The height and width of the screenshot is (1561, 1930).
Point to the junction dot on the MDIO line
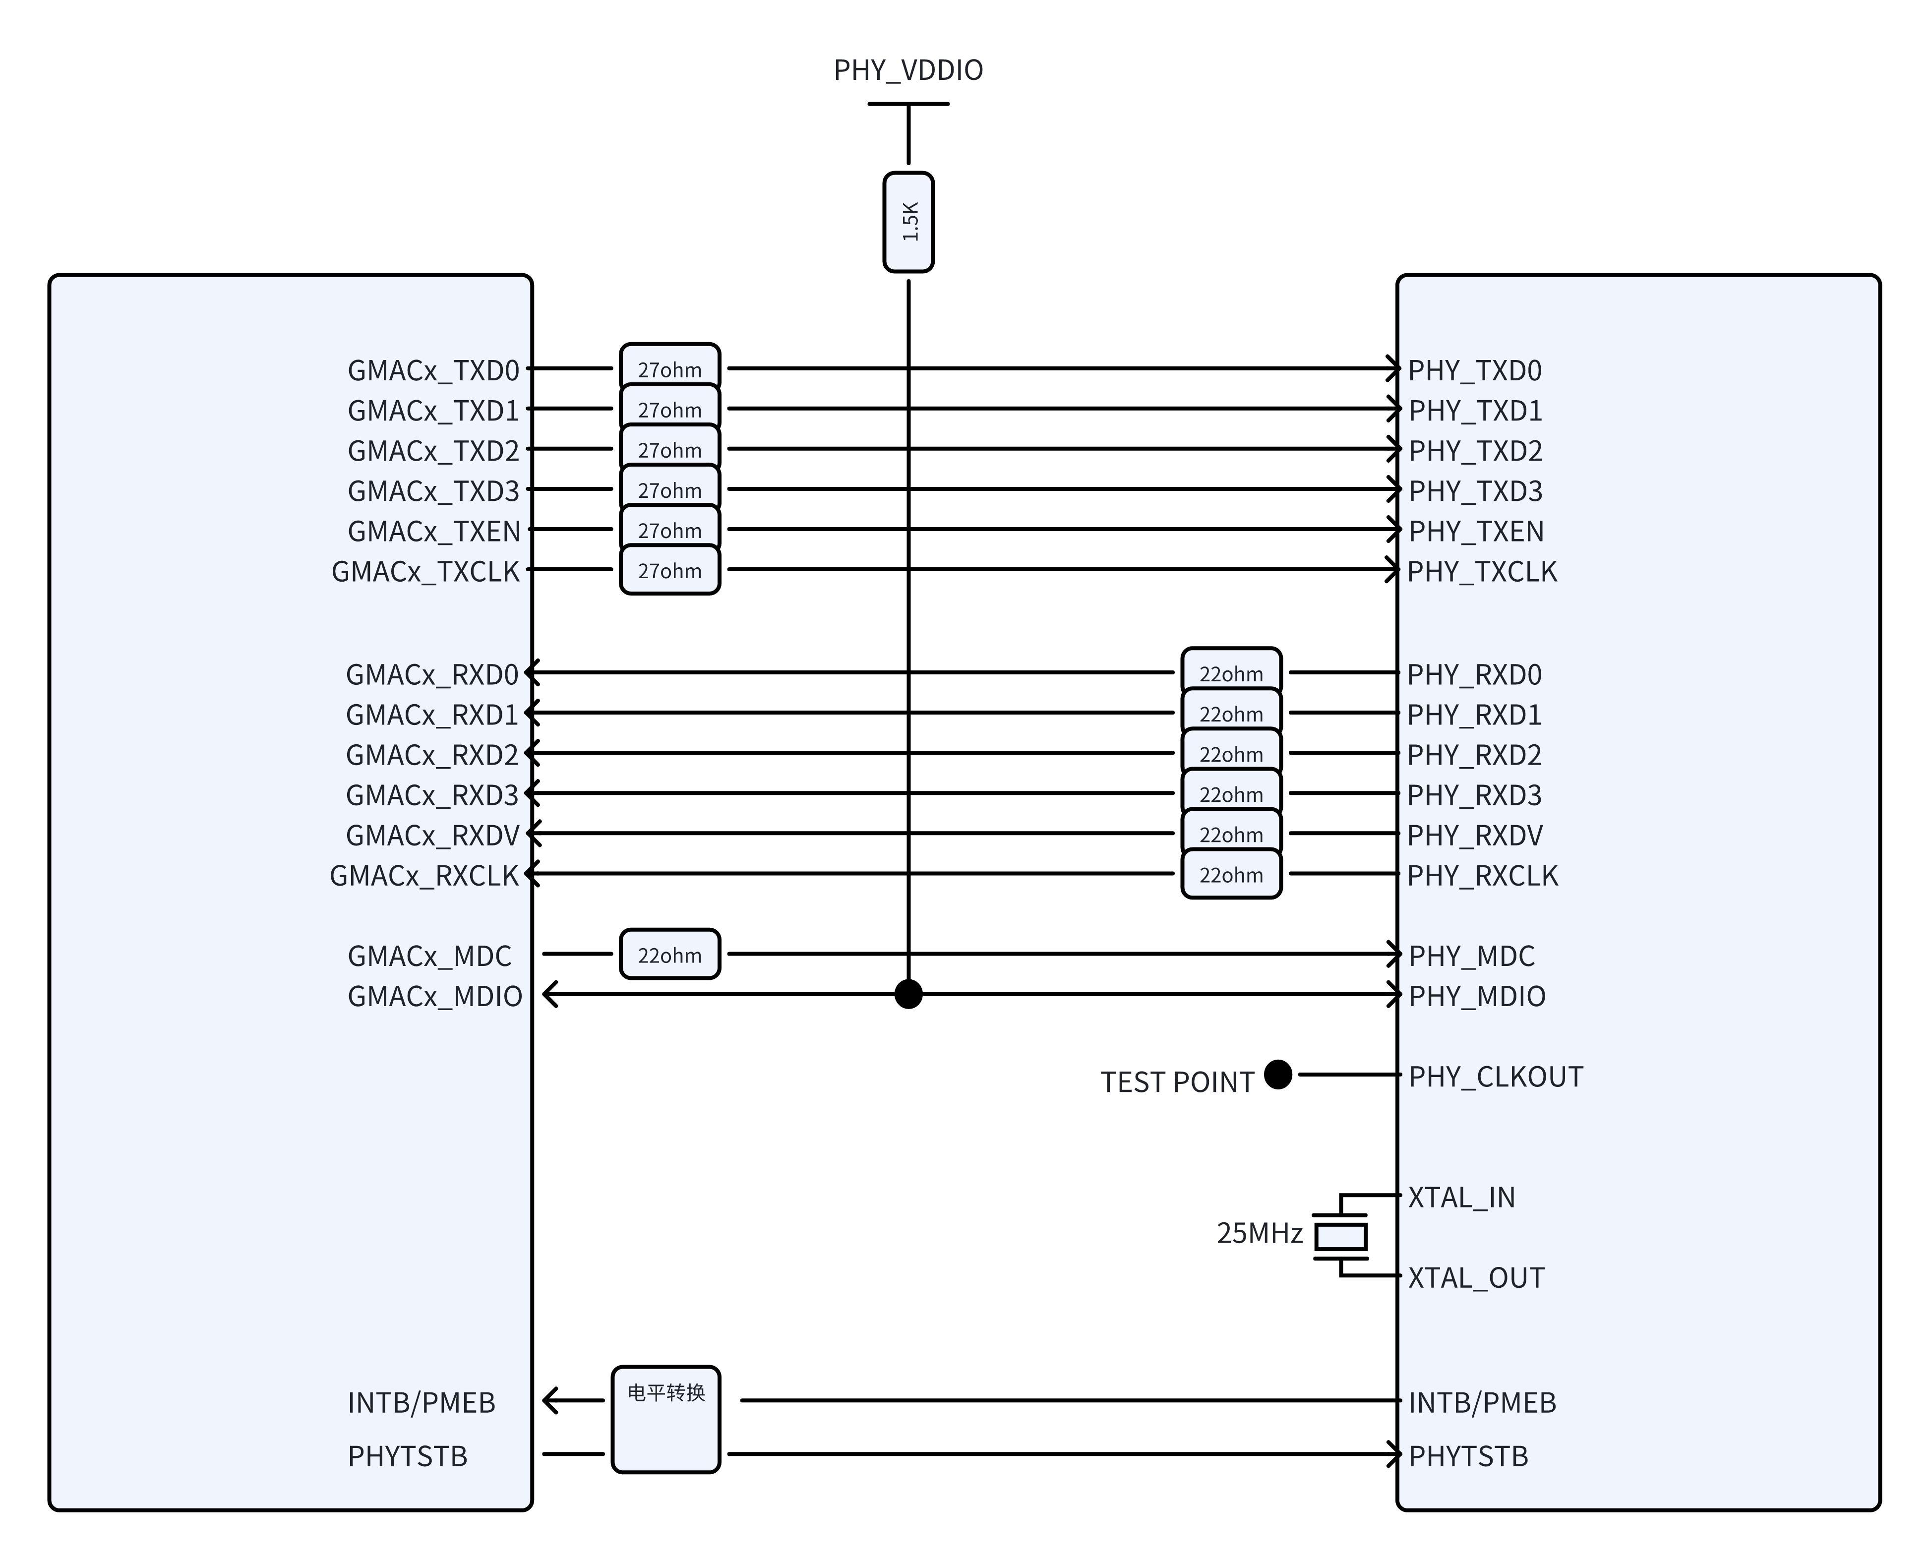[908, 995]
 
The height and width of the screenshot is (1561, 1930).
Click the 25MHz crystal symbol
[1340, 1236]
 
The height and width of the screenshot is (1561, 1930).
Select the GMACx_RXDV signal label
[432, 836]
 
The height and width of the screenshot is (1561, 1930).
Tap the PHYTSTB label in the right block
[1468, 1456]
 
